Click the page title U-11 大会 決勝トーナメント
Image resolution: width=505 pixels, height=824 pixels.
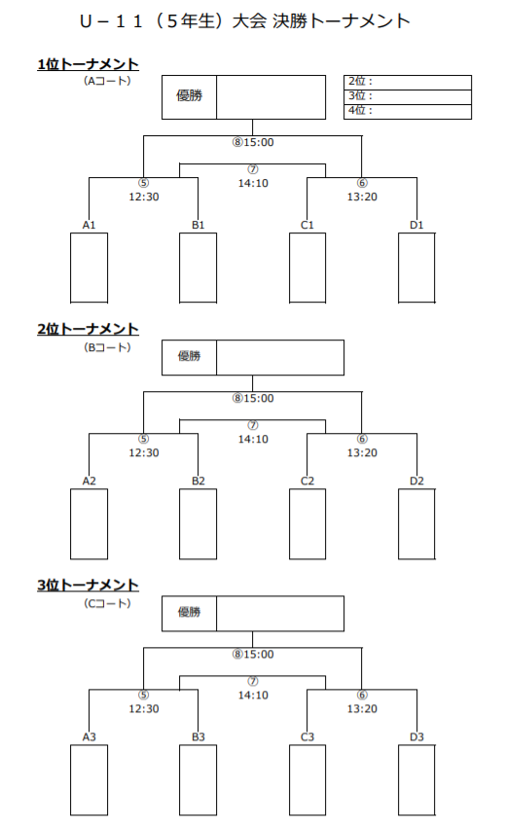tap(245, 21)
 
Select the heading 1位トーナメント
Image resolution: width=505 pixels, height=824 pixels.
tap(88, 64)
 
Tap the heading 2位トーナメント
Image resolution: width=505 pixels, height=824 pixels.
tap(88, 330)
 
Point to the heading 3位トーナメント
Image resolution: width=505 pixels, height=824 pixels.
tap(88, 586)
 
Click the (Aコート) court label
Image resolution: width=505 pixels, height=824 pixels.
tap(107, 81)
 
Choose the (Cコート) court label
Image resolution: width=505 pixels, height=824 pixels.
tap(107, 603)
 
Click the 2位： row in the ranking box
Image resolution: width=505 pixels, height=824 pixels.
tap(408, 82)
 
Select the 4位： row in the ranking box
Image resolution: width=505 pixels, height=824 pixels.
tap(408, 112)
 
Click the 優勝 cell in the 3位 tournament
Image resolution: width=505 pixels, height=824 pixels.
tap(189, 613)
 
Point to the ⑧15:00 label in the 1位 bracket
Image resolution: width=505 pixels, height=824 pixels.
tap(253, 142)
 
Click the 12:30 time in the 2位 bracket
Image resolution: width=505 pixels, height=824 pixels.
tap(144, 453)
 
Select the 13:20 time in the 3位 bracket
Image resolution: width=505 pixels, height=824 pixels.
tap(362, 709)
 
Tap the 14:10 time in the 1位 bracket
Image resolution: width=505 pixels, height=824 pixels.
tap(253, 184)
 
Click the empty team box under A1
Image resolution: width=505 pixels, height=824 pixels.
tap(89, 268)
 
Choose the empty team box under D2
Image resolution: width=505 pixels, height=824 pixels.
tap(416, 524)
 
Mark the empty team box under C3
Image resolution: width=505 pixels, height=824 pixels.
tap(307, 780)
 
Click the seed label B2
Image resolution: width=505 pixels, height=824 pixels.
tap(198, 482)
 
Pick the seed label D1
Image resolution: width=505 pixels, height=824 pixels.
tap(416, 226)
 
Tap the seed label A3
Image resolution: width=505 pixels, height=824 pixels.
tap(89, 737)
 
